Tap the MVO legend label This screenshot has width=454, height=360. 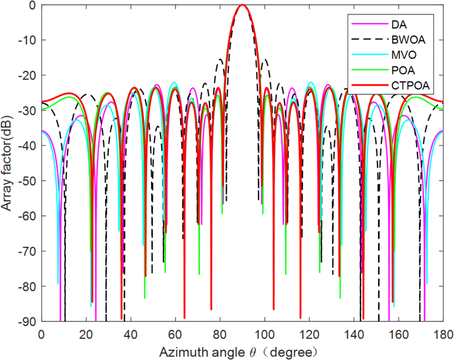tap(401, 55)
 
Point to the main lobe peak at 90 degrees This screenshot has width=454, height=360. tap(242, 5)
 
